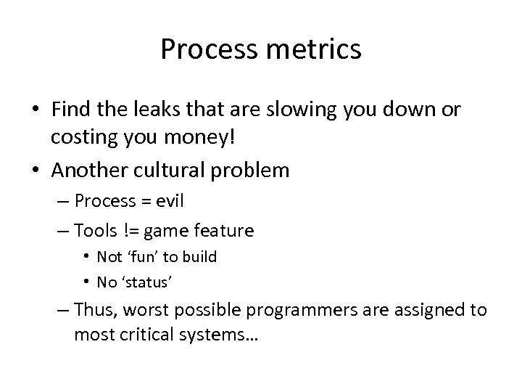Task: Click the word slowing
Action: (297, 110)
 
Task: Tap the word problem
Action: (252, 171)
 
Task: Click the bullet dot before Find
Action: (36, 110)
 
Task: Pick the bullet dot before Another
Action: (36, 171)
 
